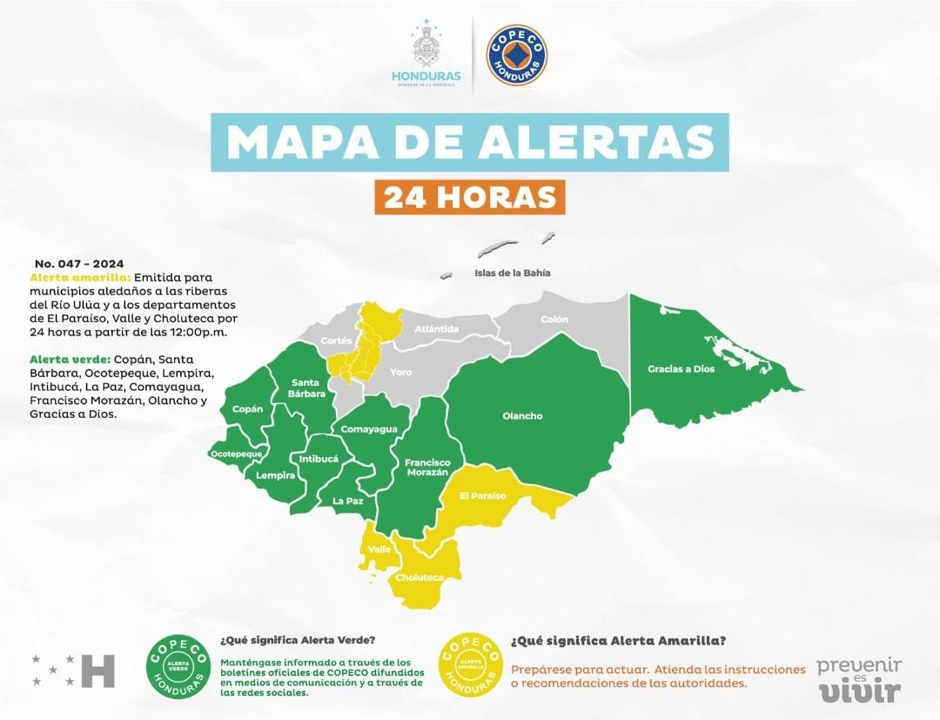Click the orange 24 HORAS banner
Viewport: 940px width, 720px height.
(470, 197)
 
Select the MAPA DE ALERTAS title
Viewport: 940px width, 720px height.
(469, 142)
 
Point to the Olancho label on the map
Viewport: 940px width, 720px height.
(522, 416)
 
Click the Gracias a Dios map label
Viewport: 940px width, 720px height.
(681, 369)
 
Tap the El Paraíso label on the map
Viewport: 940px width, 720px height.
(483, 496)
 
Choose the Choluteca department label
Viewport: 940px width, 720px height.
(420, 578)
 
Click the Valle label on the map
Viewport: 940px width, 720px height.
(379, 549)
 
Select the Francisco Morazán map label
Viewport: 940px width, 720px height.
(426, 468)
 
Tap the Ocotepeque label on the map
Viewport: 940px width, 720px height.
(236, 454)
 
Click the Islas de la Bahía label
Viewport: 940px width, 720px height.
(513, 273)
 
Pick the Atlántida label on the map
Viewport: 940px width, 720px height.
(436, 329)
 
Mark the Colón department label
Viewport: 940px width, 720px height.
(554, 320)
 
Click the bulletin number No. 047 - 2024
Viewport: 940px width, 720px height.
(79, 263)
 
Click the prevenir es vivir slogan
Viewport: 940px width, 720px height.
(858, 680)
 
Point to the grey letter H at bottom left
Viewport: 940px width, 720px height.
(97, 670)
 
